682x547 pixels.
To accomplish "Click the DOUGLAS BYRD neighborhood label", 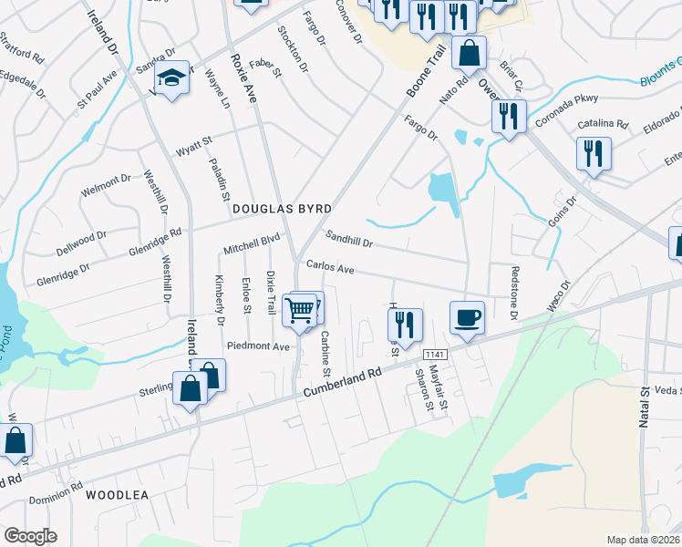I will click(280, 209).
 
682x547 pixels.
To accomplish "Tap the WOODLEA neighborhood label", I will click(117, 496).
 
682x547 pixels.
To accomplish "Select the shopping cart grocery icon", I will click(300, 311).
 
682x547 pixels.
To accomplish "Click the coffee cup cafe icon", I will click(468, 318).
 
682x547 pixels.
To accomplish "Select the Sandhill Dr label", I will click(350, 240).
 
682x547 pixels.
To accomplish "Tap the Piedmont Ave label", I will click(258, 346).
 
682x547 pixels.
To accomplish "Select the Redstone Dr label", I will click(514, 293).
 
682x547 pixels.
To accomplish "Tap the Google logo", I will click(30, 536).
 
